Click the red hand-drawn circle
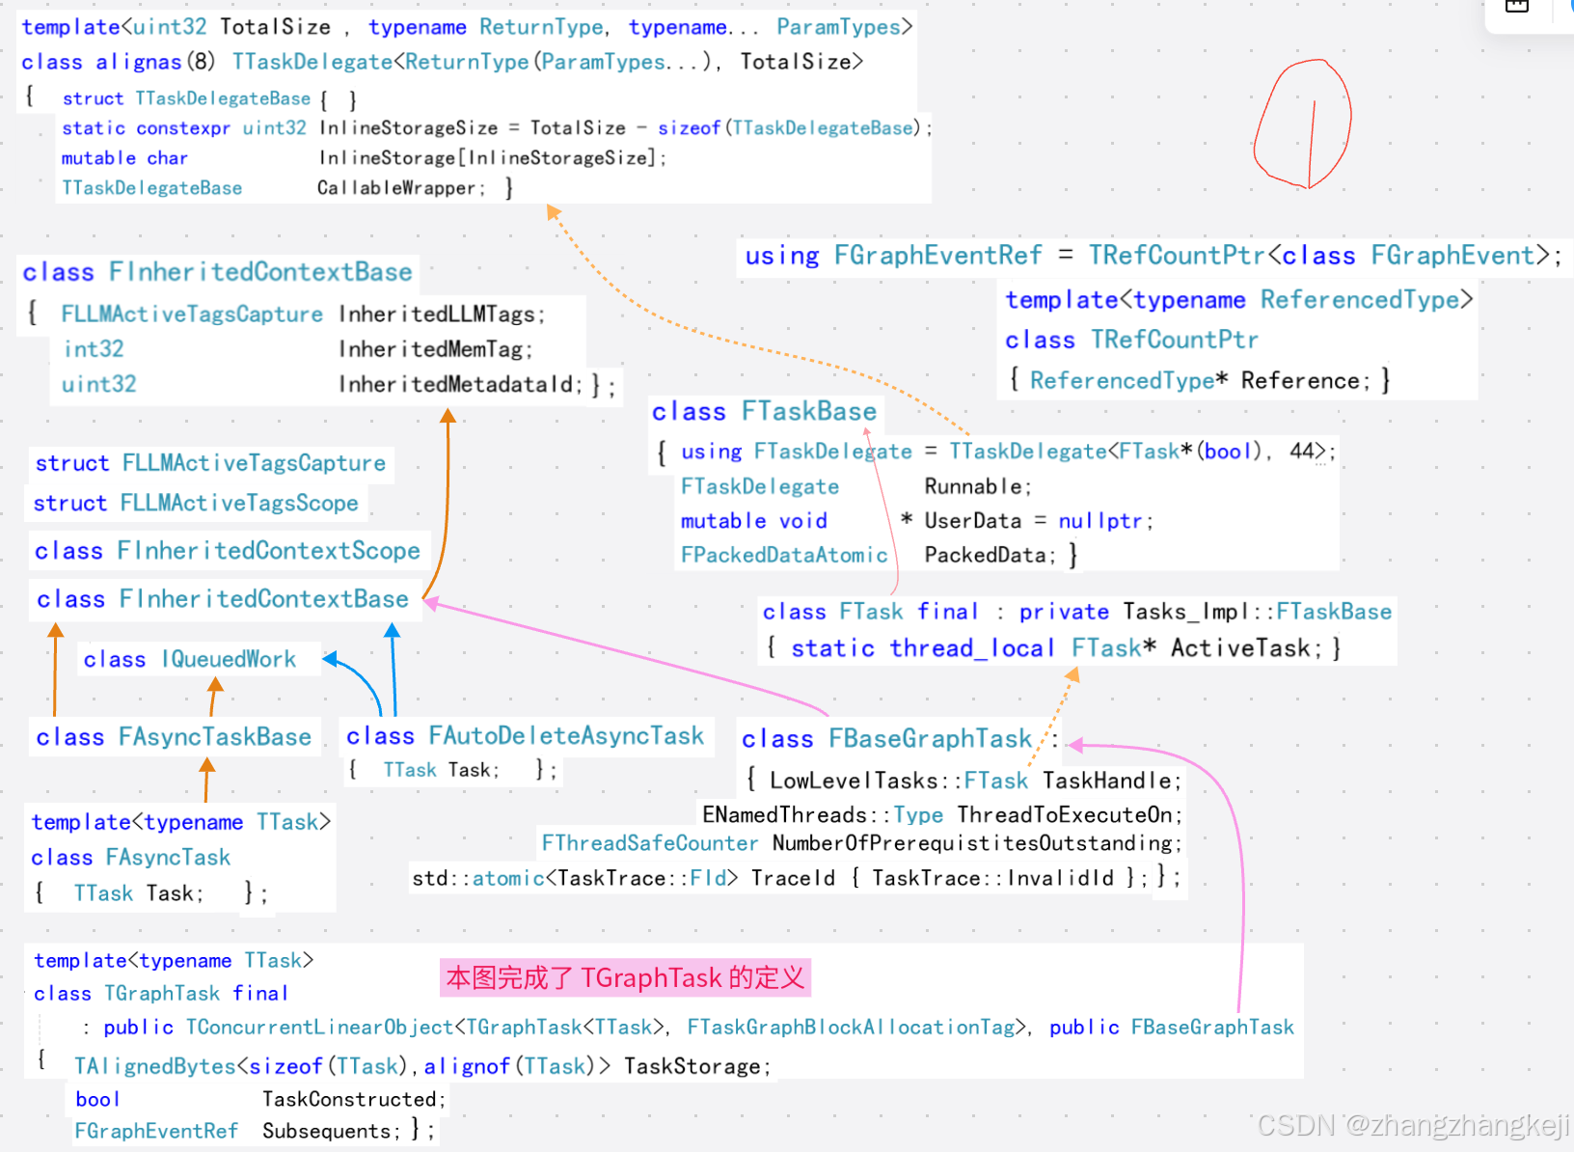pos(1303,123)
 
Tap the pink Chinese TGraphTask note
pos(625,978)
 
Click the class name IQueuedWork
pos(229,660)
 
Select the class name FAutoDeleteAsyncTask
pos(566,736)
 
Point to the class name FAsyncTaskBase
pos(214,737)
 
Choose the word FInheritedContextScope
pos(268,551)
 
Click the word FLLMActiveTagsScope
pos(238,504)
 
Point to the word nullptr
pos(1100,521)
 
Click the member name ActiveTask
pos(1239,648)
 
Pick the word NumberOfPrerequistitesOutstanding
pos(972,843)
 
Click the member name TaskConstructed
pos(351,1099)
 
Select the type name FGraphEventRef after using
pos(937,256)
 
